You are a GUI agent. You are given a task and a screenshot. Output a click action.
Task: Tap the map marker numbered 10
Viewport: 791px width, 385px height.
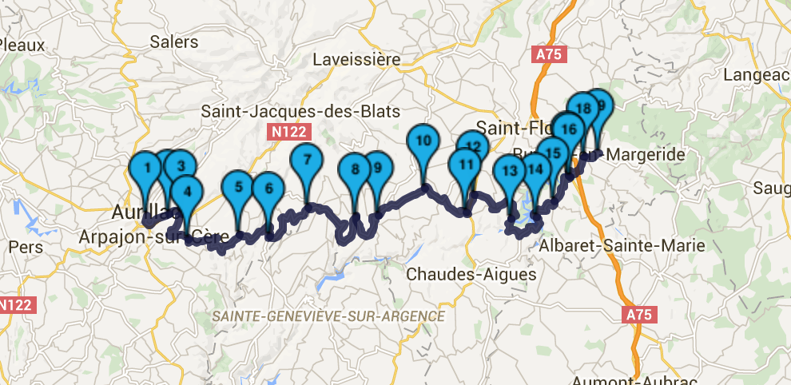423,141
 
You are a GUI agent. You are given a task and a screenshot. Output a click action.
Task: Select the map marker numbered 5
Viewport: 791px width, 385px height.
238,188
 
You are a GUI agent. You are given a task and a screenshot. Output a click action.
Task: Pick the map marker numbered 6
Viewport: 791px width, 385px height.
268,189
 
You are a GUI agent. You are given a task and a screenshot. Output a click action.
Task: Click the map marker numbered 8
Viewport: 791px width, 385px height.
355,169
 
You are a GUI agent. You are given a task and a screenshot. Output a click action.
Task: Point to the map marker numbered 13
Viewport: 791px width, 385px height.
511,170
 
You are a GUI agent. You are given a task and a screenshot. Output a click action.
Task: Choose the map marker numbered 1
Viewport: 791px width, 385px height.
146,169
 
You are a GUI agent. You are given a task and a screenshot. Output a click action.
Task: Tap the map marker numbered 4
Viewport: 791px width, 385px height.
187,192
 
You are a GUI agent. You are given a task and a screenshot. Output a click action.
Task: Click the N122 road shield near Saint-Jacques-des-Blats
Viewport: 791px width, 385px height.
288,131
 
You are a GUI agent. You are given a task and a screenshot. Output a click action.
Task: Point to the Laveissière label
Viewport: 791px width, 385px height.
356,59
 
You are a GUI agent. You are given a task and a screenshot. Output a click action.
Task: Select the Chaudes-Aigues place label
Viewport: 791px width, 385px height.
471,274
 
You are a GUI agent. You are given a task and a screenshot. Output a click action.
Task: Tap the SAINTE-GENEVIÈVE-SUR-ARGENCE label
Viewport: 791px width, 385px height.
328,317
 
